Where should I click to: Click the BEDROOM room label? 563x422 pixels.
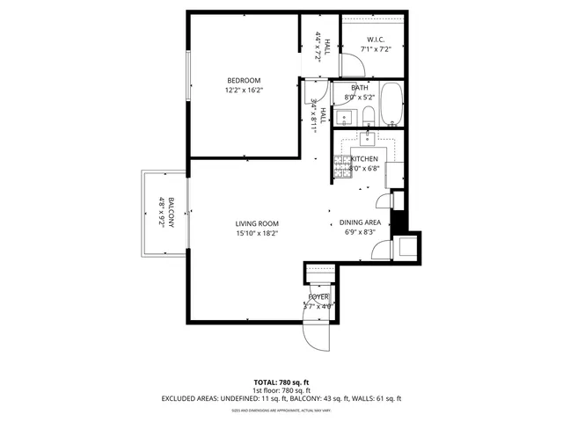pyautogui.click(x=243, y=81)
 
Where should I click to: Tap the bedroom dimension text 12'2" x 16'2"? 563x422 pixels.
pyautogui.click(x=243, y=90)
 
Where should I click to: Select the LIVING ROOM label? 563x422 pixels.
pyautogui.click(x=256, y=224)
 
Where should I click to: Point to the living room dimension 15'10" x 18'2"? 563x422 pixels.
pyautogui.click(x=256, y=234)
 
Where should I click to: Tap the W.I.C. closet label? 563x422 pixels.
pyautogui.click(x=375, y=39)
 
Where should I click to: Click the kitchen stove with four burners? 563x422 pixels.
pyautogui.click(x=341, y=165)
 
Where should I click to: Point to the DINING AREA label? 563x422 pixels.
pyautogui.click(x=360, y=223)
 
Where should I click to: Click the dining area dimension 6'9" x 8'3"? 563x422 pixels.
pyautogui.click(x=360, y=233)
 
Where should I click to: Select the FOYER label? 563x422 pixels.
pyautogui.click(x=318, y=298)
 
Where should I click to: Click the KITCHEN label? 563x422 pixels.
pyautogui.click(x=364, y=158)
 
